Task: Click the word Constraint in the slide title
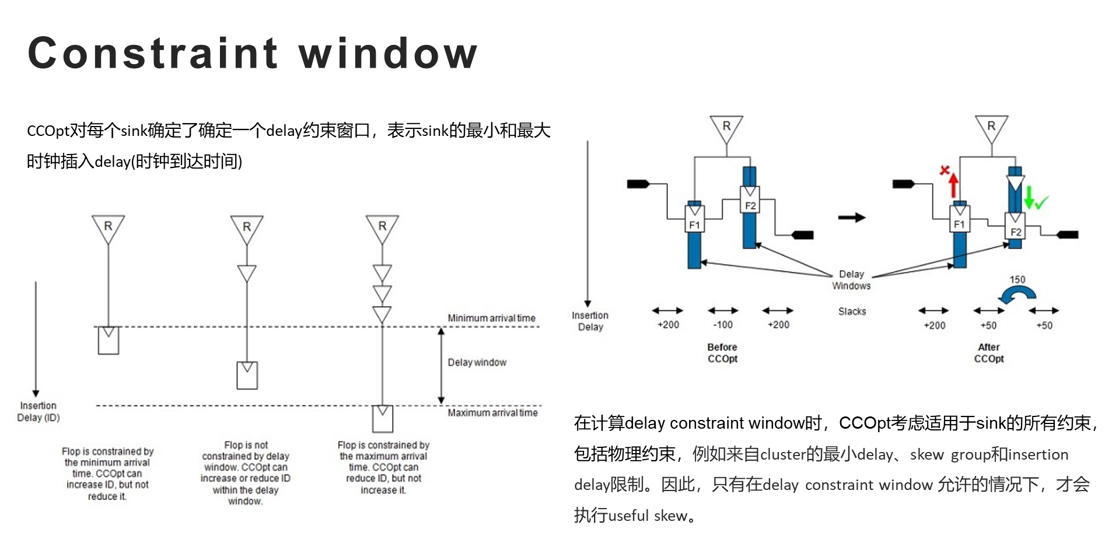[153, 53]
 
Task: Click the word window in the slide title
[388, 53]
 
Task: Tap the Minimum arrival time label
[491, 318]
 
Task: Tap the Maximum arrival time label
[492, 412]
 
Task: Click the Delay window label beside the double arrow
[477, 362]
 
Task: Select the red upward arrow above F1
[953, 185]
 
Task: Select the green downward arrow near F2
[1029, 197]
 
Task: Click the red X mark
[945, 170]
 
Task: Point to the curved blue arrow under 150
[1017, 293]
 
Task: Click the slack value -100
[723, 325]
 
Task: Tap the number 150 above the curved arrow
[1017, 279]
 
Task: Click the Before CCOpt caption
[722, 353]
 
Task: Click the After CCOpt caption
[989, 353]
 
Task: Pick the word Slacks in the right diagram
[852, 311]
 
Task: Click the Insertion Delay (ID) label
[39, 411]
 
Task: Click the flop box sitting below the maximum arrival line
[383, 418]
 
